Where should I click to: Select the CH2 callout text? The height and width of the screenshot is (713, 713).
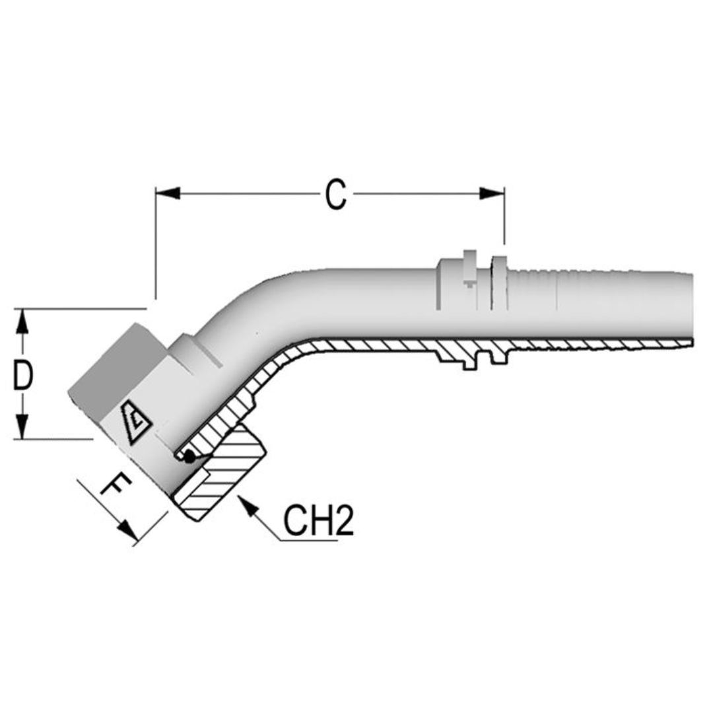coord(319,521)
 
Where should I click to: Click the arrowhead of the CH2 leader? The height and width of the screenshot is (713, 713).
coord(247,505)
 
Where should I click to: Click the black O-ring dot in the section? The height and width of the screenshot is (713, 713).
coord(189,455)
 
